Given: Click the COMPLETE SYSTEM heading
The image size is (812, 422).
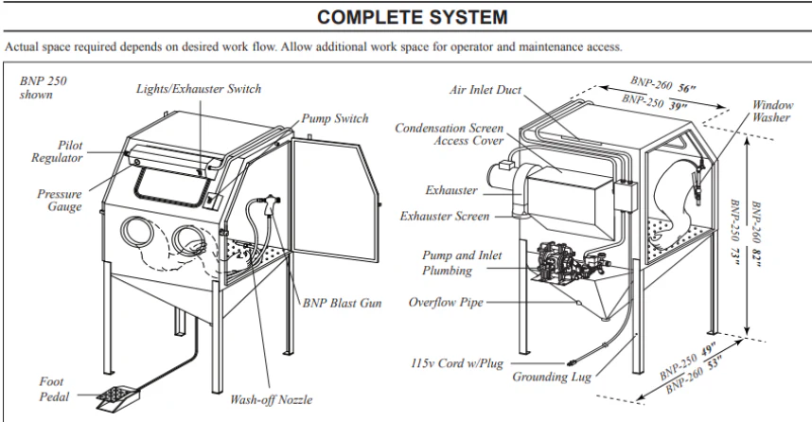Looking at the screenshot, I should click(406, 17).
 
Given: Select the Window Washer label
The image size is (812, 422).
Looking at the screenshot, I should click(772, 111).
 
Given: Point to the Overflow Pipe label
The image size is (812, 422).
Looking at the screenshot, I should click(445, 303).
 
